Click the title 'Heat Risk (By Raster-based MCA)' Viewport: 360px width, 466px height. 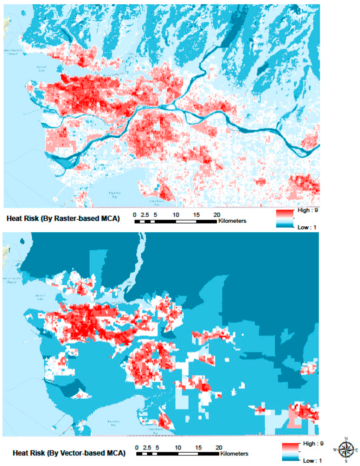63,219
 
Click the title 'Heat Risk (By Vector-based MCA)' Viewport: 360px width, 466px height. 69,453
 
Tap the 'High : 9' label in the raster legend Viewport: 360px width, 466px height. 308,210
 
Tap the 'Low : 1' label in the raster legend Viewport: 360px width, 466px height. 307,227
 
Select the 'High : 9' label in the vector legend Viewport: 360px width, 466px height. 313,444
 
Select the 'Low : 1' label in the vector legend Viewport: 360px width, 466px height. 312,460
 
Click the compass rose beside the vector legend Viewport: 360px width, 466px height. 346,449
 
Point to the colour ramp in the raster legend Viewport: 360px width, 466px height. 284,219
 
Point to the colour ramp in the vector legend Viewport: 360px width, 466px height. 290,452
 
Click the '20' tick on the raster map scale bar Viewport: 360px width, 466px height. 217,215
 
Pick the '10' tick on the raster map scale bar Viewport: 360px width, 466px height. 176,215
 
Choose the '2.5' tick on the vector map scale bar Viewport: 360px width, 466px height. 147,448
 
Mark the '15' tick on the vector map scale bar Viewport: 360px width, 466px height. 198,448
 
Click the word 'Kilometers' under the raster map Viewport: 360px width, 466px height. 232,221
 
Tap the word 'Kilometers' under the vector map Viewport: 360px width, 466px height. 234,454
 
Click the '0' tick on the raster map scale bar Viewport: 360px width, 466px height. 135,215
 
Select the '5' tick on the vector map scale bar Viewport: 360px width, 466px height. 157,448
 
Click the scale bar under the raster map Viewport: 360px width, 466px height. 175,221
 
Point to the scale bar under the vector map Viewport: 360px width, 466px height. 178,454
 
